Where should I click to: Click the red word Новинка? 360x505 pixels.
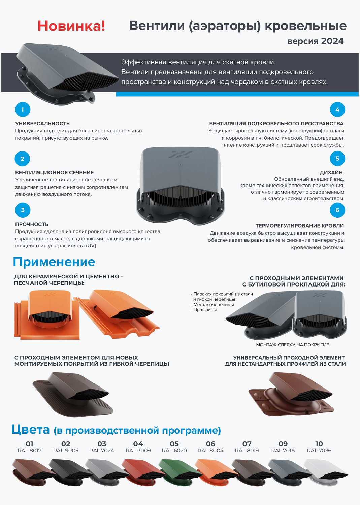(x=71, y=26)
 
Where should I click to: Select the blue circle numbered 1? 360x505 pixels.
(x=23, y=110)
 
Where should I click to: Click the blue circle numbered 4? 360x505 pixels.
(x=337, y=110)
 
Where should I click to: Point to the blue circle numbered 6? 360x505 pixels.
(x=337, y=210)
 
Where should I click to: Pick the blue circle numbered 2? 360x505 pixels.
(x=23, y=159)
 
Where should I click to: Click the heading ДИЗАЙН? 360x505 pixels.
(x=331, y=172)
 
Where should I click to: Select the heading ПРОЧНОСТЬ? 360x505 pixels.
(x=32, y=224)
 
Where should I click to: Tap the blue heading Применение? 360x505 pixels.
(x=54, y=262)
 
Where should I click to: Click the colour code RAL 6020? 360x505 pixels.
(x=174, y=451)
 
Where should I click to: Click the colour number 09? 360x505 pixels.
(x=283, y=444)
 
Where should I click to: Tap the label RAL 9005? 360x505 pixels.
(x=66, y=451)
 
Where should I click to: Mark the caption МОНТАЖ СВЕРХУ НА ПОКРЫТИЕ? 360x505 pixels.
(x=292, y=345)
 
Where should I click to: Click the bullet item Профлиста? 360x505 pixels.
(x=205, y=310)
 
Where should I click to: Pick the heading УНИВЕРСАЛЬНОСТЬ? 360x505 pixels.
(x=42, y=124)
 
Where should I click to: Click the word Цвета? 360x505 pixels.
(x=31, y=430)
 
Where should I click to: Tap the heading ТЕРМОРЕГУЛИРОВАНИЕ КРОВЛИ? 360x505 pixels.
(x=299, y=226)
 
